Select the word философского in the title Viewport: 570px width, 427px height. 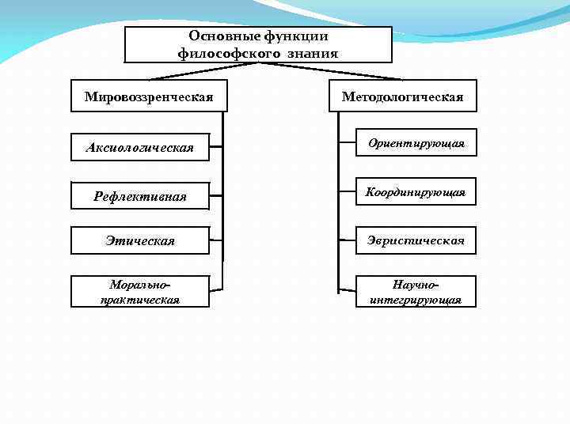(x=226, y=53)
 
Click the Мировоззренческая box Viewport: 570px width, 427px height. (x=149, y=96)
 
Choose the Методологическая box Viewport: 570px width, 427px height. (x=402, y=96)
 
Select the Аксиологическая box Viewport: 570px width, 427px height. (x=140, y=147)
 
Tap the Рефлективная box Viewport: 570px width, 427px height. (x=140, y=195)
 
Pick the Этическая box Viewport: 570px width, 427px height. (x=140, y=240)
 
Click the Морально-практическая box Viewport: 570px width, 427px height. (x=140, y=291)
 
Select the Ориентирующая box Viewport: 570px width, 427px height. (x=416, y=143)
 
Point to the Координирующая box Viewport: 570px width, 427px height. (x=416, y=192)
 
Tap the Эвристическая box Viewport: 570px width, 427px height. (x=416, y=240)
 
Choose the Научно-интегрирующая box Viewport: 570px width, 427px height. (x=416, y=291)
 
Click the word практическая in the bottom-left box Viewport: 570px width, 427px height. (x=140, y=300)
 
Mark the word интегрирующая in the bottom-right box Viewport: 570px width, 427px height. (x=416, y=300)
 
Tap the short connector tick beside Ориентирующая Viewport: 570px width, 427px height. (x=346, y=143)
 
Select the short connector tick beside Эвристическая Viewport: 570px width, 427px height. (x=346, y=240)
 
